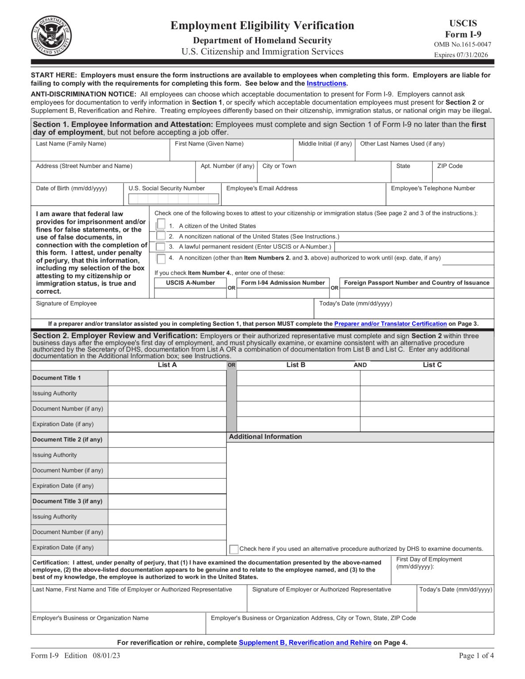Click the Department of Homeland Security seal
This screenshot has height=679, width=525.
(x=51, y=36)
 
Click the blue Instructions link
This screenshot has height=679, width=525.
(x=326, y=84)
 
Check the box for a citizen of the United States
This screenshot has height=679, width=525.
(x=161, y=225)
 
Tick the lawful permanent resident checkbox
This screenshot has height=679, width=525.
(x=161, y=247)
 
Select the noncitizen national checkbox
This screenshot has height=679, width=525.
(x=161, y=236)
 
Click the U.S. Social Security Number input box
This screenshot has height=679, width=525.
(x=173, y=199)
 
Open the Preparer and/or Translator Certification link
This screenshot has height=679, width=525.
(x=390, y=324)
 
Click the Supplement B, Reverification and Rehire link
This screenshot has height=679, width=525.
(x=305, y=643)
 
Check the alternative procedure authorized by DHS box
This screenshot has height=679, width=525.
(x=234, y=549)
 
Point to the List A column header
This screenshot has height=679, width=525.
(x=167, y=365)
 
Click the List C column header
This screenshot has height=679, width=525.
(x=432, y=365)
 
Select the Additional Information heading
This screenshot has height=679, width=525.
(x=265, y=437)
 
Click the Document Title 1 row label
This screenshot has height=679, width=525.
(x=57, y=378)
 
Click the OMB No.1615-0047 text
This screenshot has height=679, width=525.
(x=462, y=45)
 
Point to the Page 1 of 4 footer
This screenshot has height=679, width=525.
(x=476, y=656)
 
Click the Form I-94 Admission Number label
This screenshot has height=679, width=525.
(x=283, y=283)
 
